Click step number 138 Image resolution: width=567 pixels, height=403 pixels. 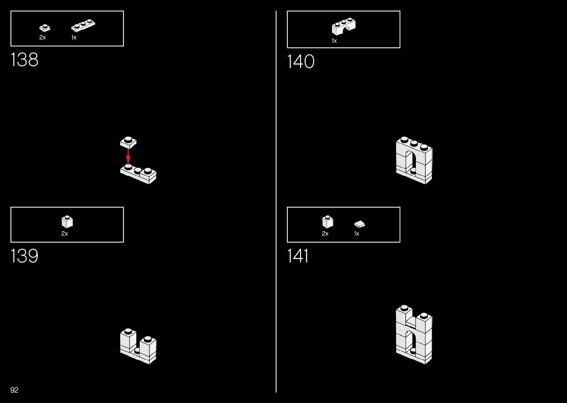tap(24, 60)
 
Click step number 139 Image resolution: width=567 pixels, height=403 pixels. tap(24, 256)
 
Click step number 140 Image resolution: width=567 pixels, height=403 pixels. tap(301, 61)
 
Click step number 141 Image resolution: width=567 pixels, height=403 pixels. tap(298, 256)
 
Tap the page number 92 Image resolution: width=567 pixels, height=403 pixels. tap(14, 390)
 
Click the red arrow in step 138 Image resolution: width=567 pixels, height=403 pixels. tap(128, 157)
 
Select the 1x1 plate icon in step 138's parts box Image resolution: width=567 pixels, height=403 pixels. tap(44, 28)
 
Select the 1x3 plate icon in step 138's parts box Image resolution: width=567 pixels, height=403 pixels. tap(83, 26)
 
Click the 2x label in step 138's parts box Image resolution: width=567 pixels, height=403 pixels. tap(43, 37)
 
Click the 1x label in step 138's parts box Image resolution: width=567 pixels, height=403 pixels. tap(74, 37)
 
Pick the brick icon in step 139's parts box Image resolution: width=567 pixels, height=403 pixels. tap(67, 222)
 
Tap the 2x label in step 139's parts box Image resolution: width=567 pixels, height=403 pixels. tap(65, 234)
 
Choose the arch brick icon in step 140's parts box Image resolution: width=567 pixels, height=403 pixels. tap(343, 26)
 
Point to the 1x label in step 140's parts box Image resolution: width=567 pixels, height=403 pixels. tap(334, 41)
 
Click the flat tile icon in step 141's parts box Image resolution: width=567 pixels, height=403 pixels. tap(359, 224)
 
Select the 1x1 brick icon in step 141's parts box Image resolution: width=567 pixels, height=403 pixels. tap(327, 222)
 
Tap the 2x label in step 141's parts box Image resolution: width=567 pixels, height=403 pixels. tap(325, 234)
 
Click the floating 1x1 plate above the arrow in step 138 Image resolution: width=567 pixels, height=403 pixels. tap(128, 142)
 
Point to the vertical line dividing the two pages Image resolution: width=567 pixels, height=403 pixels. tap(276, 201)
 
